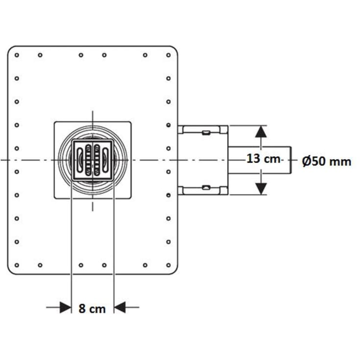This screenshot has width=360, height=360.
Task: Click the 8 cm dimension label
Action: point(92,309)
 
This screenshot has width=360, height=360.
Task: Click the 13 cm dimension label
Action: point(264,158)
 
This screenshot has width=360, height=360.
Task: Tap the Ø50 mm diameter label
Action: point(327,162)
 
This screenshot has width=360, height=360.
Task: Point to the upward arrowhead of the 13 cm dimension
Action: point(261,132)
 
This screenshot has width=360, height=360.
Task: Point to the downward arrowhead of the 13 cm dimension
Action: point(261,189)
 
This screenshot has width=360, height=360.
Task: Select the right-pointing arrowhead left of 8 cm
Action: point(66,307)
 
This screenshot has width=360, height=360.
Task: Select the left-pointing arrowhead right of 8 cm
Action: point(120,307)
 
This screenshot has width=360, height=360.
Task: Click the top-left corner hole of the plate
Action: point(17,55)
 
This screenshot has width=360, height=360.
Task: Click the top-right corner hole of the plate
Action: point(168,55)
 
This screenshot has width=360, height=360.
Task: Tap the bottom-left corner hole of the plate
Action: point(17,265)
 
